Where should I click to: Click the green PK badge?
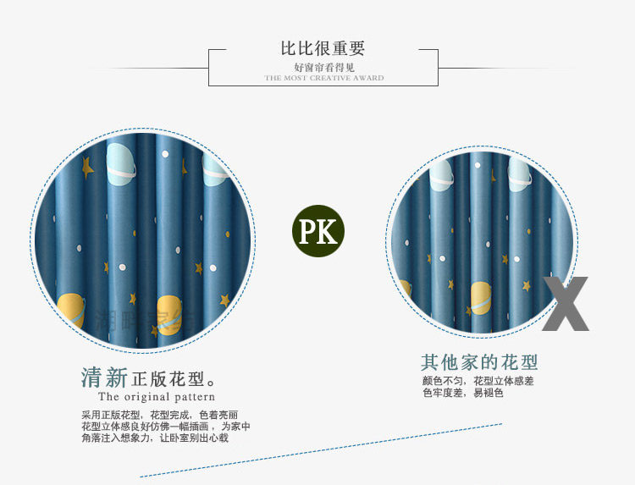pos(318,229)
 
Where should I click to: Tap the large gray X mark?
pos(566,302)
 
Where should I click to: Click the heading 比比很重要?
pos(323,48)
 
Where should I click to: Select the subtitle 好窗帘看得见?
pos(323,67)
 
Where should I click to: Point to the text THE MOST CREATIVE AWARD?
pos(323,78)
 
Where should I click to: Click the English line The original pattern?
pos(157,396)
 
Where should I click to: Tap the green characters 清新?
pos(104,377)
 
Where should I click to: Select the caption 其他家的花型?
pos(479,363)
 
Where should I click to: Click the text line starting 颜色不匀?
pos(478,381)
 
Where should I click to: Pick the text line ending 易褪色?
pos(462,393)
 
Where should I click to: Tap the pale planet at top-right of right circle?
pos(519,174)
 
